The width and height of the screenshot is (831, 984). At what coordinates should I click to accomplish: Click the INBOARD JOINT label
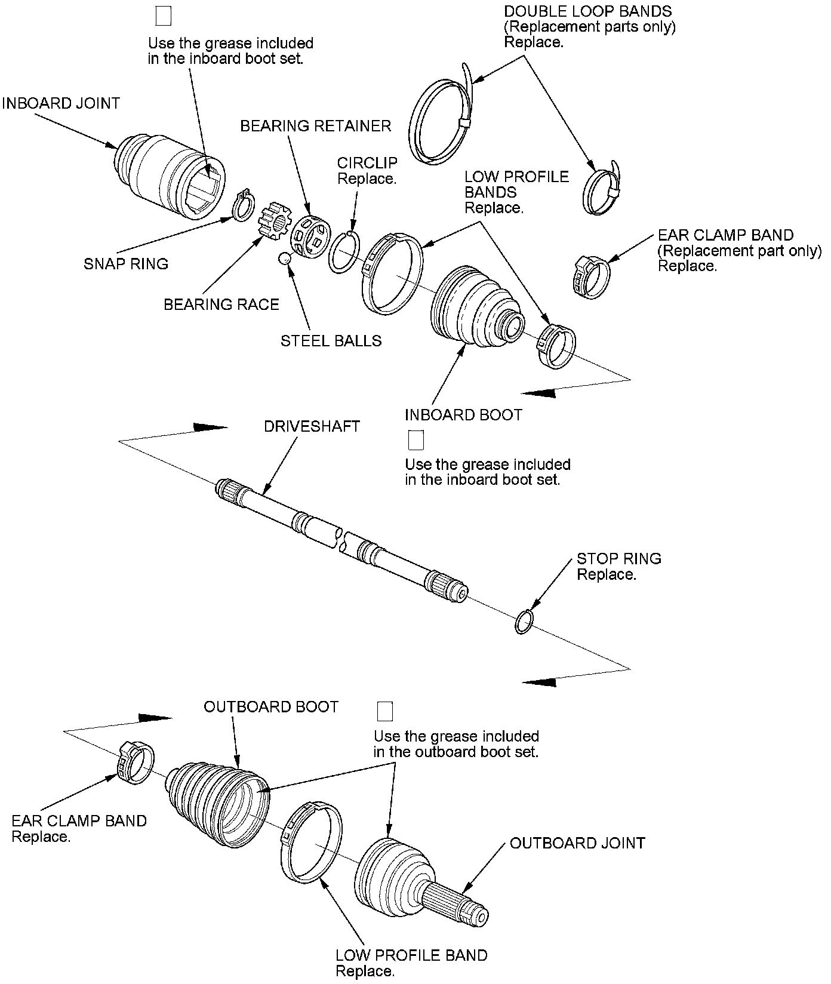point(61,103)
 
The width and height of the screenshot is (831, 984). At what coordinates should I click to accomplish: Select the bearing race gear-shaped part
point(273,223)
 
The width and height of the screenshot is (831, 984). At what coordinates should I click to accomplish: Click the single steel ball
point(285,257)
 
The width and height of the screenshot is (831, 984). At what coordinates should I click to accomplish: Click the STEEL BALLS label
point(331,341)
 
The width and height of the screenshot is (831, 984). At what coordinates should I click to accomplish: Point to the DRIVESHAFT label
point(312,426)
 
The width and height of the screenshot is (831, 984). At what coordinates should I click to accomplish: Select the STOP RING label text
point(618,567)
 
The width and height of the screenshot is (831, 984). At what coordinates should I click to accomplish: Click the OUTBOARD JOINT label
point(577,843)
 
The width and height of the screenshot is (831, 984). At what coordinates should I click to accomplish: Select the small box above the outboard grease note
point(385,712)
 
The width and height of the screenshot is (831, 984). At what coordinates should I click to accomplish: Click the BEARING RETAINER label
point(316,126)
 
